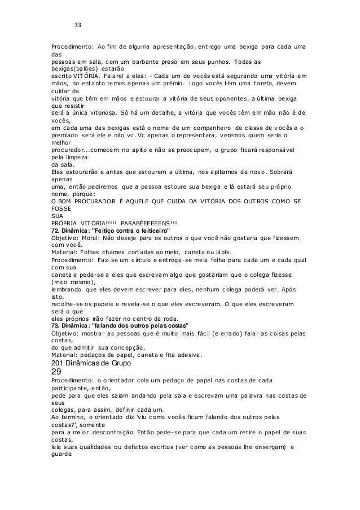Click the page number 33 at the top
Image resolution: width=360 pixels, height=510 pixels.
coord(78,25)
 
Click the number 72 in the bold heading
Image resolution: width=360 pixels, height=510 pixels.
coord(56,230)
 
